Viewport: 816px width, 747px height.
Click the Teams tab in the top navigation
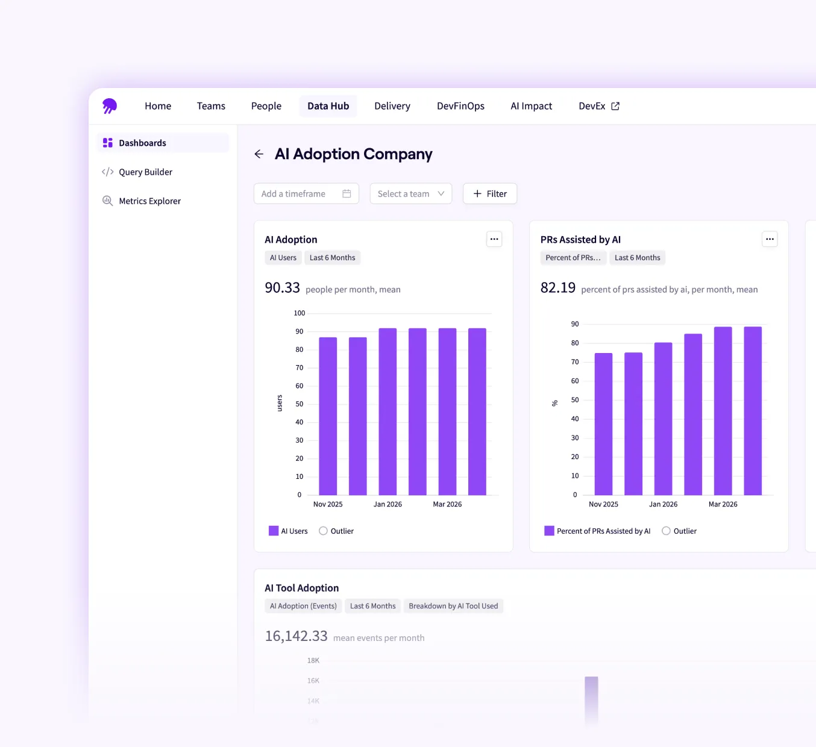pyautogui.click(x=211, y=106)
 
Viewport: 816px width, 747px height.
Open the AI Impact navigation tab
pyautogui.click(x=531, y=106)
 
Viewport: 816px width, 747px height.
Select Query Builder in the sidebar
pyautogui.click(x=145, y=172)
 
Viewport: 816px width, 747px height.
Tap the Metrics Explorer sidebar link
pyautogui.click(x=149, y=201)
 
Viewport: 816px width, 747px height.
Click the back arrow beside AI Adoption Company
pyautogui.click(x=259, y=154)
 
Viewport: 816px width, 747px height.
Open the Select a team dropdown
pyautogui.click(x=410, y=194)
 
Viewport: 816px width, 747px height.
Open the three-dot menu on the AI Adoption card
pyautogui.click(x=494, y=239)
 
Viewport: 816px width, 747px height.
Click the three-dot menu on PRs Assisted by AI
pyautogui.click(x=770, y=239)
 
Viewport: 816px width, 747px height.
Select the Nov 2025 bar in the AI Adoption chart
pyautogui.click(x=328, y=416)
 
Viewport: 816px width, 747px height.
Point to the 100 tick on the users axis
pyautogui.click(x=300, y=313)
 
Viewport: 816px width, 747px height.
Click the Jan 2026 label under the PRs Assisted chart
pyautogui.click(x=663, y=504)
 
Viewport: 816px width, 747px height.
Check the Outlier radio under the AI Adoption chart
pyautogui.click(x=324, y=531)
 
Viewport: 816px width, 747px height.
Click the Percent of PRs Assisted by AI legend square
pyautogui.click(x=549, y=531)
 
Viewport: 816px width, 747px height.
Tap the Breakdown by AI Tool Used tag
pyautogui.click(x=453, y=606)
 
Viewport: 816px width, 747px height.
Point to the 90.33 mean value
pyautogui.click(x=282, y=288)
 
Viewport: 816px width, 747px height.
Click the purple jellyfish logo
pyautogui.click(x=110, y=106)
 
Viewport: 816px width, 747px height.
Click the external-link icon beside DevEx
pyautogui.click(x=615, y=106)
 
